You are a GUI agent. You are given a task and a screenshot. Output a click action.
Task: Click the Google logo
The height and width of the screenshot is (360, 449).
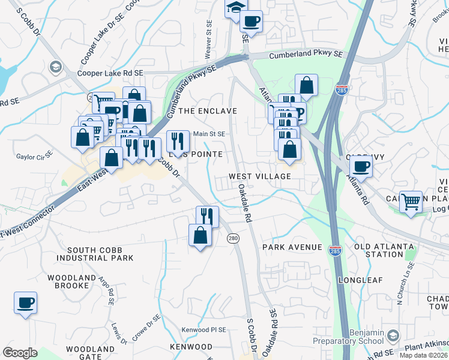coord(20,352)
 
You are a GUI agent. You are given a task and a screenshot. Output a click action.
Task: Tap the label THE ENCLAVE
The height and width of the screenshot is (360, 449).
coord(208,111)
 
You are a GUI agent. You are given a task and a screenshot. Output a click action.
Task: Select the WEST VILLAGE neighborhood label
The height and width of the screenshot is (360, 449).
coord(259,176)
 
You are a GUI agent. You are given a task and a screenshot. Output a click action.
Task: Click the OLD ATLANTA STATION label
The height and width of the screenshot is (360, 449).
coord(384,250)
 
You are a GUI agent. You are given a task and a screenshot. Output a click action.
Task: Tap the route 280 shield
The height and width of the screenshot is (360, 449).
coord(234,239)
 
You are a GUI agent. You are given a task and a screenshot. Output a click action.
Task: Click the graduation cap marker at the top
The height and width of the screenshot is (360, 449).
coord(236,8)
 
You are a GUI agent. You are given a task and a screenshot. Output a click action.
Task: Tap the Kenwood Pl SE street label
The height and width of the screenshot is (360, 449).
coord(204,330)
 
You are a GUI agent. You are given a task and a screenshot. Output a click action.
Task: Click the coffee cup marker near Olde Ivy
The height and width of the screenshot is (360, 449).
coord(361,166)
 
